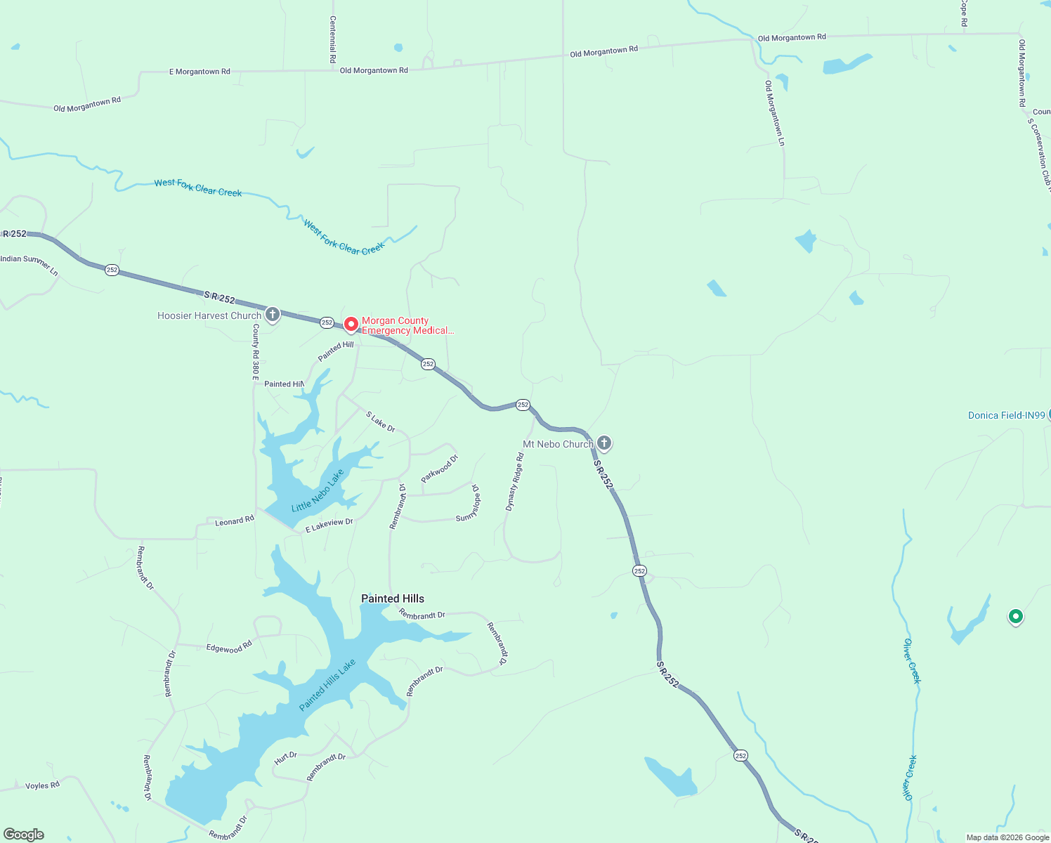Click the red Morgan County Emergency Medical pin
click(x=351, y=325)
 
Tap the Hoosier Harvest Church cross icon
click(x=273, y=315)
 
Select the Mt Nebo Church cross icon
click(x=604, y=443)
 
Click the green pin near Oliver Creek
click(x=1015, y=617)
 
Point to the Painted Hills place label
click(x=393, y=599)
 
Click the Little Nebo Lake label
click(x=318, y=490)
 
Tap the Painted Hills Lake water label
click(x=327, y=685)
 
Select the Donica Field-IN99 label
click(x=1006, y=415)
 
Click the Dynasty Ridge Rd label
click(x=515, y=482)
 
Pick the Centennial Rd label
click(x=333, y=40)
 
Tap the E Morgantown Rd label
click(x=200, y=72)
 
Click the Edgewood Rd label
click(x=229, y=647)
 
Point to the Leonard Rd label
click(x=235, y=521)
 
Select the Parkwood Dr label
click(x=439, y=469)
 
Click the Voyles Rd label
click(x=42, y=785)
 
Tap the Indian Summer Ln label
click(x=30, y=264)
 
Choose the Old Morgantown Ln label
click(x=775, y=112)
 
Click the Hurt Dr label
click(x=286, y=758)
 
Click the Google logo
click(x=24, y=835)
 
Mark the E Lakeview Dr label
click(x=329, y=525)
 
